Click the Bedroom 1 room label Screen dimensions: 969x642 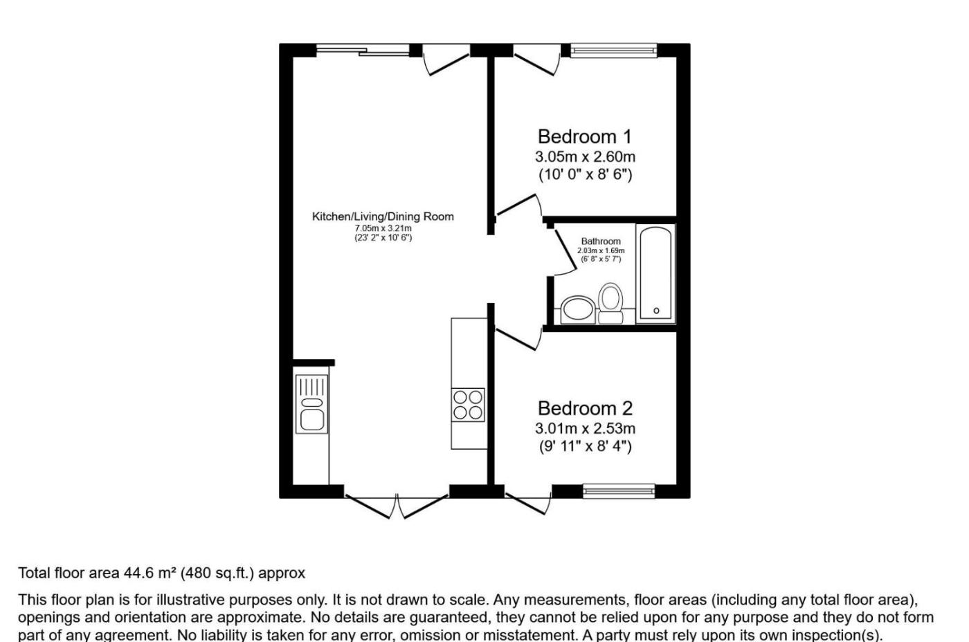(x=584, y=136)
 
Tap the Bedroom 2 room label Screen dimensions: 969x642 (x=585, y=408)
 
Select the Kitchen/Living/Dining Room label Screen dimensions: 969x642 (x=383, y=217)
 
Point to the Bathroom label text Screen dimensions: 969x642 (x=601, y=241)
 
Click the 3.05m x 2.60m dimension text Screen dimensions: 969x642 (x=585, y=156)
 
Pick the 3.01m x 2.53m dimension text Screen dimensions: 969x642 (x=585, y=428)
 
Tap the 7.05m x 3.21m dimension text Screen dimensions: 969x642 (x=383, y=228)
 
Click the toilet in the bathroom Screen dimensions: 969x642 (x=610, y=303)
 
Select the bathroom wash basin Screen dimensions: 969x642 (x=577, y=309)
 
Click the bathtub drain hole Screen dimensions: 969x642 (x=656, y=311)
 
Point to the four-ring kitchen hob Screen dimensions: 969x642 (x=468, y=405)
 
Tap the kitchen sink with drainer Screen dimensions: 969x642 (x=311, y=404)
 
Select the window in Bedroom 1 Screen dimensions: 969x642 (x=613, y=51)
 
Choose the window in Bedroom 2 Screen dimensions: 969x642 (x=619, y=491)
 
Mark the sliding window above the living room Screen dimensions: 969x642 (x=363, y=50)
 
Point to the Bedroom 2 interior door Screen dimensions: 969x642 (x=519, y=338)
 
